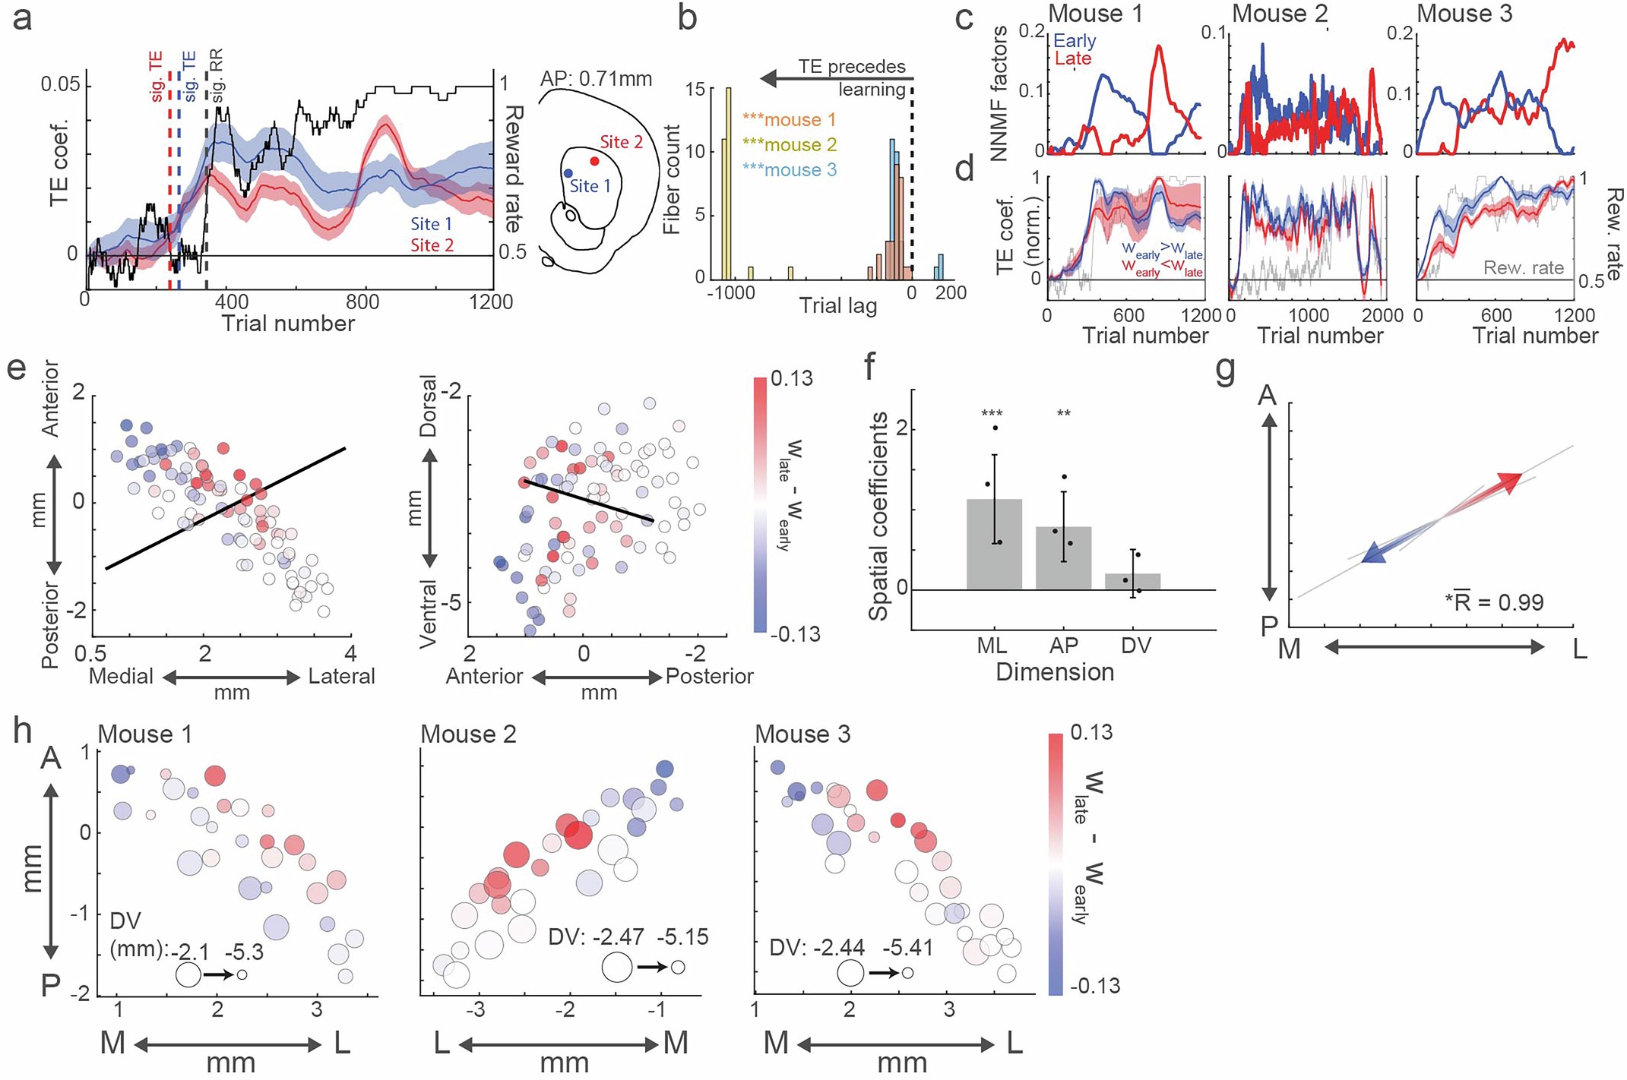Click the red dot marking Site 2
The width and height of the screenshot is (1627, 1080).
coord(594,161)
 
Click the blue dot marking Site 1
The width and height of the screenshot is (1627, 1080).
coord(568,174)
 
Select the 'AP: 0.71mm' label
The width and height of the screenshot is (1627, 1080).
coord(596,79)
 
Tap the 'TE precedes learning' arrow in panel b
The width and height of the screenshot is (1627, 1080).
coord(836,77)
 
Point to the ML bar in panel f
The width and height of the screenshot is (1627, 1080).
coord(993,544)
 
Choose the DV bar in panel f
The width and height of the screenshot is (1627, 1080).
coord(1132,582)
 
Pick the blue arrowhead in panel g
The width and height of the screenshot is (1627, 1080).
coord(1374,555)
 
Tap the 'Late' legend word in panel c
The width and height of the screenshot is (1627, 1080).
coord(1072,58)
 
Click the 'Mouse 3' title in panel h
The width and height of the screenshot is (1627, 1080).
coord(802,734)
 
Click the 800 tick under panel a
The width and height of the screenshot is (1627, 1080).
coord(362,302)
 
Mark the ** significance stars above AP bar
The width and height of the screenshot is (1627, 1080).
coord(1064,415)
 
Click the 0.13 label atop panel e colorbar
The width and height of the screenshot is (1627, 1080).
coord(791,377)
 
